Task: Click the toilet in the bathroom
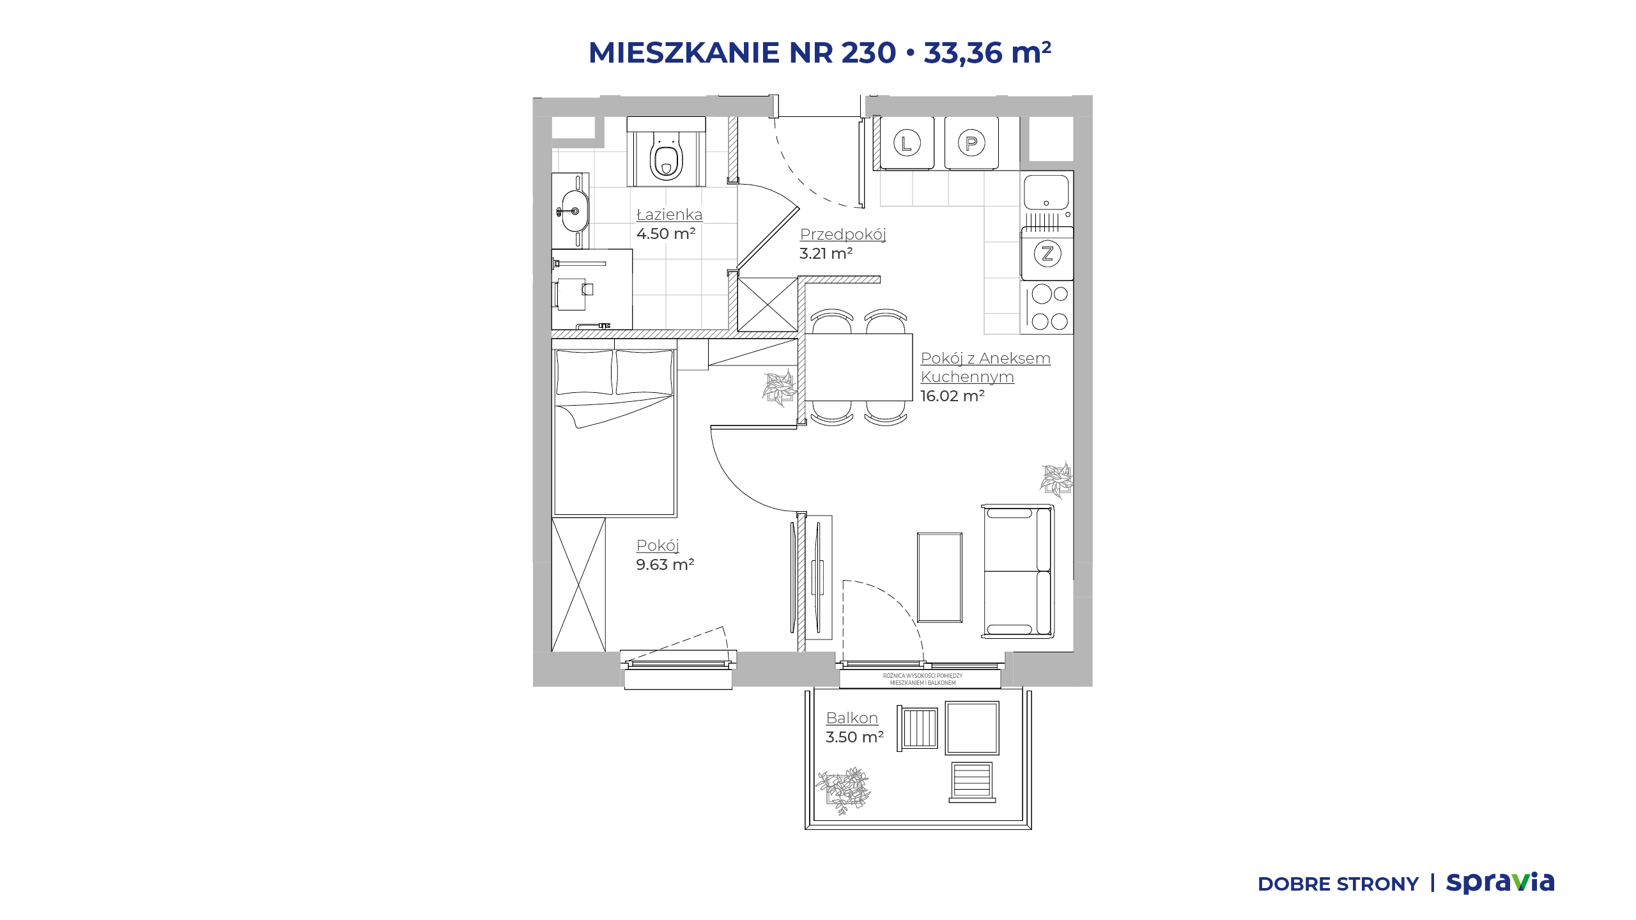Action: tap(666, 157)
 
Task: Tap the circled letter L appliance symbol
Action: tap(906, 142)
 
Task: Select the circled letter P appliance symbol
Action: tap(971, 142)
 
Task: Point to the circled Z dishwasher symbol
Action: tap(1047, 254)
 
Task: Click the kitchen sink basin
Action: tap(1046, 192)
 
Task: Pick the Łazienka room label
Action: tap(669, 215)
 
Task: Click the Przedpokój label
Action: tap(843, 234)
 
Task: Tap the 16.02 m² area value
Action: tap(952, 396)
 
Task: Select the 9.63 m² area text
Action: tap(665, 565)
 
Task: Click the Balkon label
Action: tap(852, 718)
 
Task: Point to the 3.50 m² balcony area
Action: tap(854, 737)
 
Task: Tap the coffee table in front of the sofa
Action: tap(939, 577)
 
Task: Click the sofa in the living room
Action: tap(1017, 571)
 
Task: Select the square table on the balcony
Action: tap(972, 728)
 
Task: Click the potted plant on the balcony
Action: tap(844, 790)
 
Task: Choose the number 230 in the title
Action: tap(868, 52)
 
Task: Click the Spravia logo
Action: tap(1500, 882)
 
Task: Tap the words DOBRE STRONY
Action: tap(1338, 884)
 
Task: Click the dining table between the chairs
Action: tap(858, 367)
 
